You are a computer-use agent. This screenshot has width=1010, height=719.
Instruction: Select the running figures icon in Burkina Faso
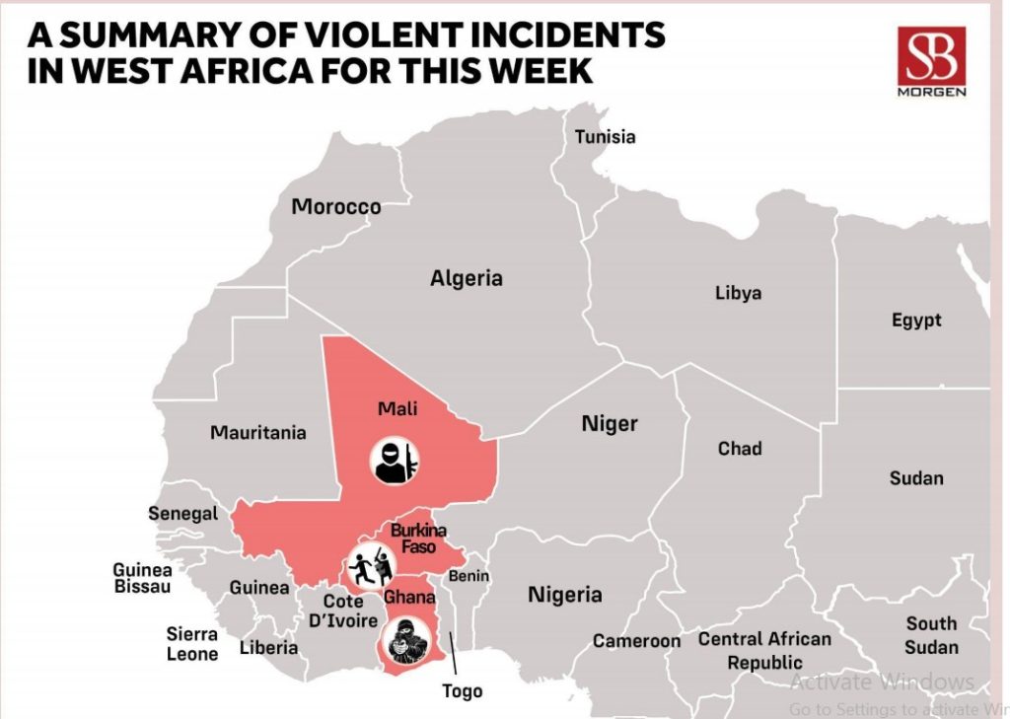pos(371,565)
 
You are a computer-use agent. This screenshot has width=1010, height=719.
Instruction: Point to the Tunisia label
pos(605,137)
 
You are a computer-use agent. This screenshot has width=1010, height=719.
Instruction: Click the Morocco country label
pos(335,207)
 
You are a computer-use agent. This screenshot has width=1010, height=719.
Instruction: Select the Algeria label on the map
pos(466,279)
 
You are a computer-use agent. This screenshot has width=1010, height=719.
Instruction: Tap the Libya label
pos(738,293)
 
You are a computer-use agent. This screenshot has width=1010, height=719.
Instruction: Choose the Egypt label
pos(916,321)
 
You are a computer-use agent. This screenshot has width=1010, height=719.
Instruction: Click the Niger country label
pos(609,424)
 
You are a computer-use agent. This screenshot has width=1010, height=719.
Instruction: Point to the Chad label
pos(739,449)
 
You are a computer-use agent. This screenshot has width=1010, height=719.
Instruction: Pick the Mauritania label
pos(257,432)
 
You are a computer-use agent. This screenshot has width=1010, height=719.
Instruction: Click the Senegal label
pos(182,514)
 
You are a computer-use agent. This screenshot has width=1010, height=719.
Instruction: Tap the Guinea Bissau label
pos(141,578)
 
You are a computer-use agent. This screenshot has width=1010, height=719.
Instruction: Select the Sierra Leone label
pos(191,643)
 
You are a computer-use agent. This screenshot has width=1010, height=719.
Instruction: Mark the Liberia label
pos(268,648)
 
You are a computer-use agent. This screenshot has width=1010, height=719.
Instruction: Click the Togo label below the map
pos(462,690)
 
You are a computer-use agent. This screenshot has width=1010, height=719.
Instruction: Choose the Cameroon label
pos(636,641)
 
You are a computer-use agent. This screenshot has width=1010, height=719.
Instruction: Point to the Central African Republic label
pos(764,651)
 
